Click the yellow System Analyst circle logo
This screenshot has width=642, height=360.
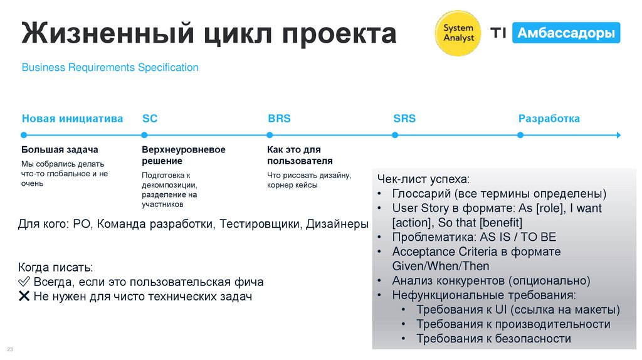pyautogui.click(x=458, y=33)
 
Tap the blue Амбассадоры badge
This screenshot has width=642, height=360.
pyautogui.click(x=566, y=33)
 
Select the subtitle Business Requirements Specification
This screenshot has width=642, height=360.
pyautogui.click(x=110, y=67)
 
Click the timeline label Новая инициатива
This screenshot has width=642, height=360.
pyautogui.click(x=73, y=119)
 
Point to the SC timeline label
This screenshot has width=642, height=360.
pyautogui.click(x=150, y=119)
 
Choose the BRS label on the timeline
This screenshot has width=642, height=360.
pyautogui.click(x=279, y=119)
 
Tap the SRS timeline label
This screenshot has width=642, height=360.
pyautogui.click(x=404, y=119)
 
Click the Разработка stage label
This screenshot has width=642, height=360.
pyautogui.click(x=549, y=119)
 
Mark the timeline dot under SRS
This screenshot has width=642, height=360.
pyautogui.click(x=395, y=135)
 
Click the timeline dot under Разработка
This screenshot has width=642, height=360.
pyautogui.click(x=520, y=135)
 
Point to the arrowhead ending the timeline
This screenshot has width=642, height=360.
pyautogui.click(x=618, y=135)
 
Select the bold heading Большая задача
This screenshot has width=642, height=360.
pyautogui.click(x=60, y=150)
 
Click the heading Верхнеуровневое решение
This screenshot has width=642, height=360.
pyautogui.click(x=183, y=156)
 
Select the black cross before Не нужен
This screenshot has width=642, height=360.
pyautogui.click(x=25, y=297)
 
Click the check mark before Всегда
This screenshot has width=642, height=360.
pyautogui.click(x=25, y=282)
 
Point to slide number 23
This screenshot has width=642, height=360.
pyautogui.click(x=9, y=349)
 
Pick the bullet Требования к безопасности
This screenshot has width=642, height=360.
pyautogui.click(x=493, y=339)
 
